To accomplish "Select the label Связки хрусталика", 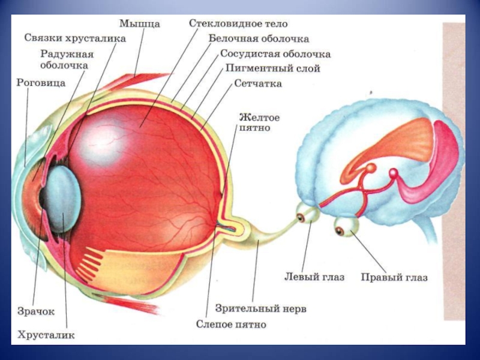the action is (x=75, y=38).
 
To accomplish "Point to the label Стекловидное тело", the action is (x=238, y=24).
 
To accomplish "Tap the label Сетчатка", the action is (x=258, y=84).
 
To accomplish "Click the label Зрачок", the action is (x=36, y=311).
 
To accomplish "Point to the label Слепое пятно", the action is (x=230, y=325).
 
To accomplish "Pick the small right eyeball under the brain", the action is (x=346, y=227).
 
